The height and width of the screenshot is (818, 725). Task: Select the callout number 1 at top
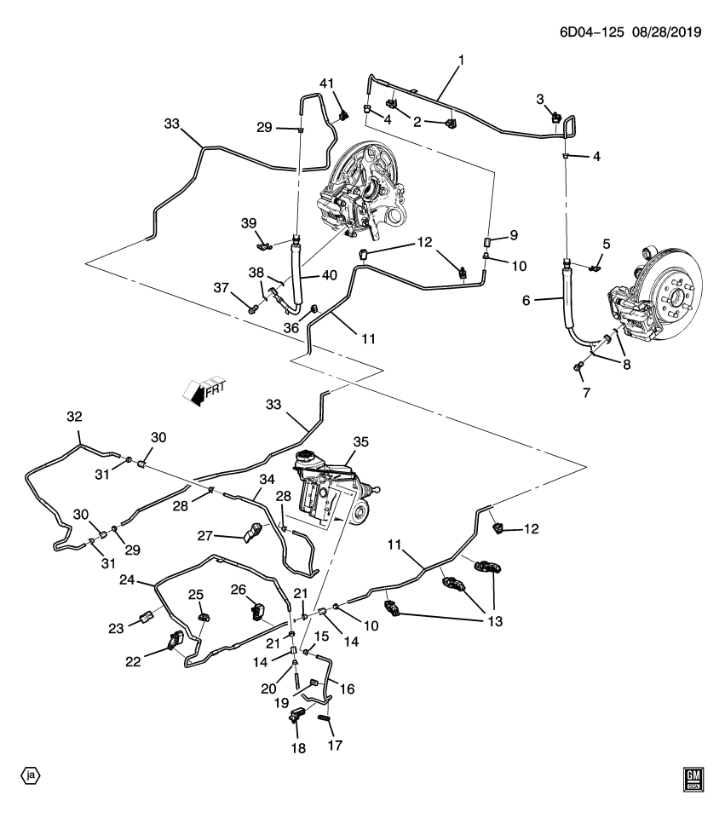click(462, 60)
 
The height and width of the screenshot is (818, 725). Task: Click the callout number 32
click(74, 417)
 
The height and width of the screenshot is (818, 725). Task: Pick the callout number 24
click(127, 579)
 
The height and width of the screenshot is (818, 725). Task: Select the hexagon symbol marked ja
click(31, 775)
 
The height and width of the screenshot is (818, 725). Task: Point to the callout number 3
click(540, 100)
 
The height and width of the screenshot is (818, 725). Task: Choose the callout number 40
click(327, 274)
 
